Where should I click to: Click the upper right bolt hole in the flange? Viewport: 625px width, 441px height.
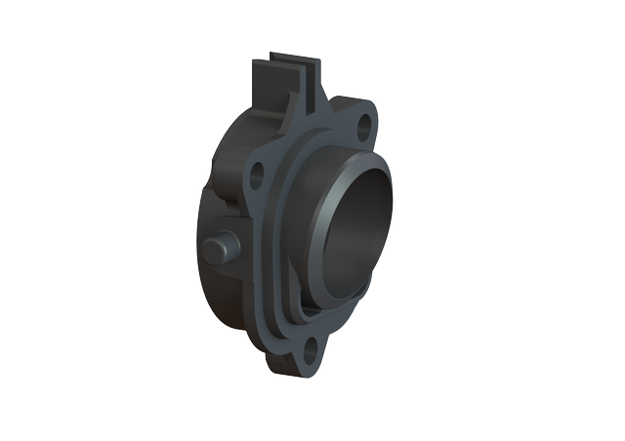coord(364,125)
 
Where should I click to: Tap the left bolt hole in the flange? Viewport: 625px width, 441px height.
coord(257,176)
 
